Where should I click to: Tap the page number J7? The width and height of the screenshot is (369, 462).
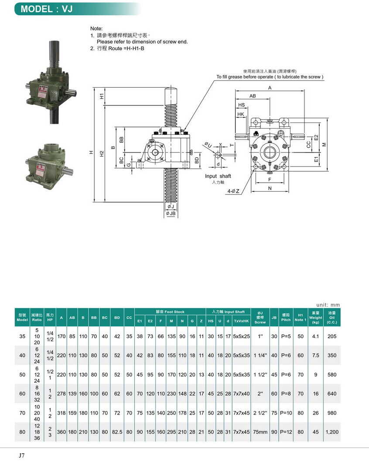[x=22, y=455]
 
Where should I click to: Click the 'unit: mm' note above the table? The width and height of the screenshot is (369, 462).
[x=328, y=305]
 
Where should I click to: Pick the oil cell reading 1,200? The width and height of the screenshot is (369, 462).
[x=332, y=432]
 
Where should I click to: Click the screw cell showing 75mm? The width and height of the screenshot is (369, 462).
[x=260, y=432]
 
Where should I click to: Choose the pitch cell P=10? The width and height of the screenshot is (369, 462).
[x=286, y=413]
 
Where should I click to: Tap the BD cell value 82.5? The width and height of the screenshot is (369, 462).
[x=117, y=432]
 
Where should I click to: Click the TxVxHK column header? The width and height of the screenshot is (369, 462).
[x=241, y=321]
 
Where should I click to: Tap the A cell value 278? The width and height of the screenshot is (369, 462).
[x=61, y=394]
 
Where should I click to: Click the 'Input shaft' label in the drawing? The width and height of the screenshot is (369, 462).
[x=218, y=176]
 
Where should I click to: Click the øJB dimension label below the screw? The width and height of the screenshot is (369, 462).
[x=170, y=214]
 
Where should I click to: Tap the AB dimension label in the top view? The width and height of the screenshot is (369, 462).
[x=253, y=95]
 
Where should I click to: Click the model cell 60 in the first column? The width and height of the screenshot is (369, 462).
[x=22, y=394]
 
